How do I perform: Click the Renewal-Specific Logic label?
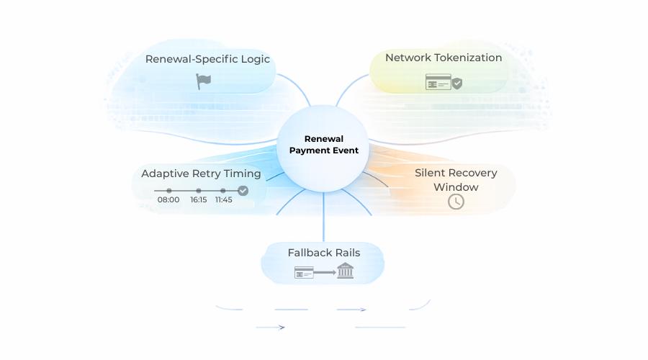tap(207, 59)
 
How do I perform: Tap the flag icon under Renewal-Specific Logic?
tap(204, 81)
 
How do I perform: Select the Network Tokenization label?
tap(444, 58)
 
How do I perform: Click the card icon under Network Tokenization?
tap(438, 82)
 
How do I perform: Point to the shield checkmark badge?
tap(457, 84)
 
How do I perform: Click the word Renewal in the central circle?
tap(324, 138)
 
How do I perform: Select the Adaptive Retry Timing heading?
tap(201, 174)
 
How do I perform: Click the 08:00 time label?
tap(168, 199)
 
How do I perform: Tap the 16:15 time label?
tap(199, 199)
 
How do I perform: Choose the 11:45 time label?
tap(223, 199)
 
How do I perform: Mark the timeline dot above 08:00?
tap(169, 191)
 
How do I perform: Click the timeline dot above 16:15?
tap(199, 191)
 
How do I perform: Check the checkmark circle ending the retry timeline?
tap(243, 191)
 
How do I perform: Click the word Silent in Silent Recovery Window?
tap(430, 173)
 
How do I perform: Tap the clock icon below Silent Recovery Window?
tap(456, 202)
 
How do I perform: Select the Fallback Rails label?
tap(323, 253)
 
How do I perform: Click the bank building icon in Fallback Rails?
tap(346, 271)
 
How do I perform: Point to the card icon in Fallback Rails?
tap(304, 272)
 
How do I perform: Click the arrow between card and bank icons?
tap(325, 272)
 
